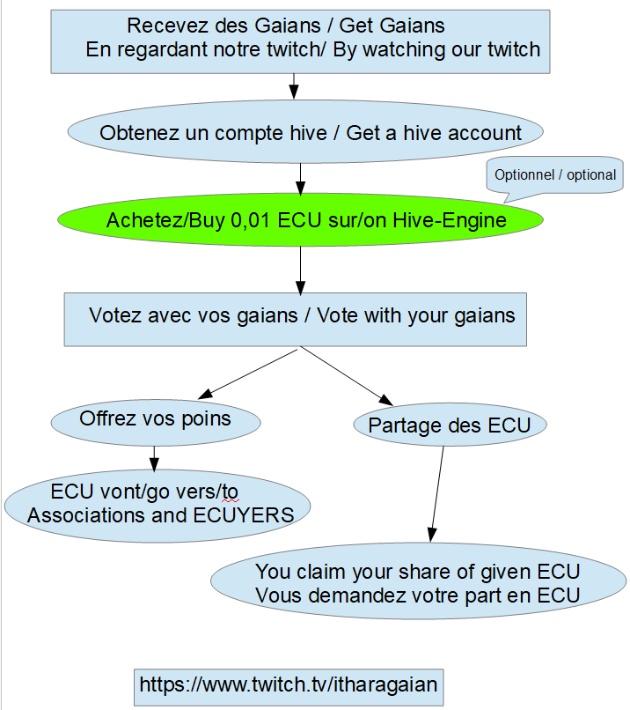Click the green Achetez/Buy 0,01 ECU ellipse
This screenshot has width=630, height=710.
point(300,220)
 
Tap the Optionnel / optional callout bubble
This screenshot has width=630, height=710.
point(554,174)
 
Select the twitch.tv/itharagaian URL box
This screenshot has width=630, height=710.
point(288,684)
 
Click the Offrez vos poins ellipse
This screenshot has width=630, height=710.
point(156,419)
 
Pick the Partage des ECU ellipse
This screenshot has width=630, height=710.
point(450,426)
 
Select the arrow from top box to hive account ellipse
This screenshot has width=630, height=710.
point(294,85)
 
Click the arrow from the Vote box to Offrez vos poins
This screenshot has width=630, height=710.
point(251,372)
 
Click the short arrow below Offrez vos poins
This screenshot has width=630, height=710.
point(155,457)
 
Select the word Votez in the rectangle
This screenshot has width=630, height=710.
point(114,315)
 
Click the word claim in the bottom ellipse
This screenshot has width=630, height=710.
point(325,571)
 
